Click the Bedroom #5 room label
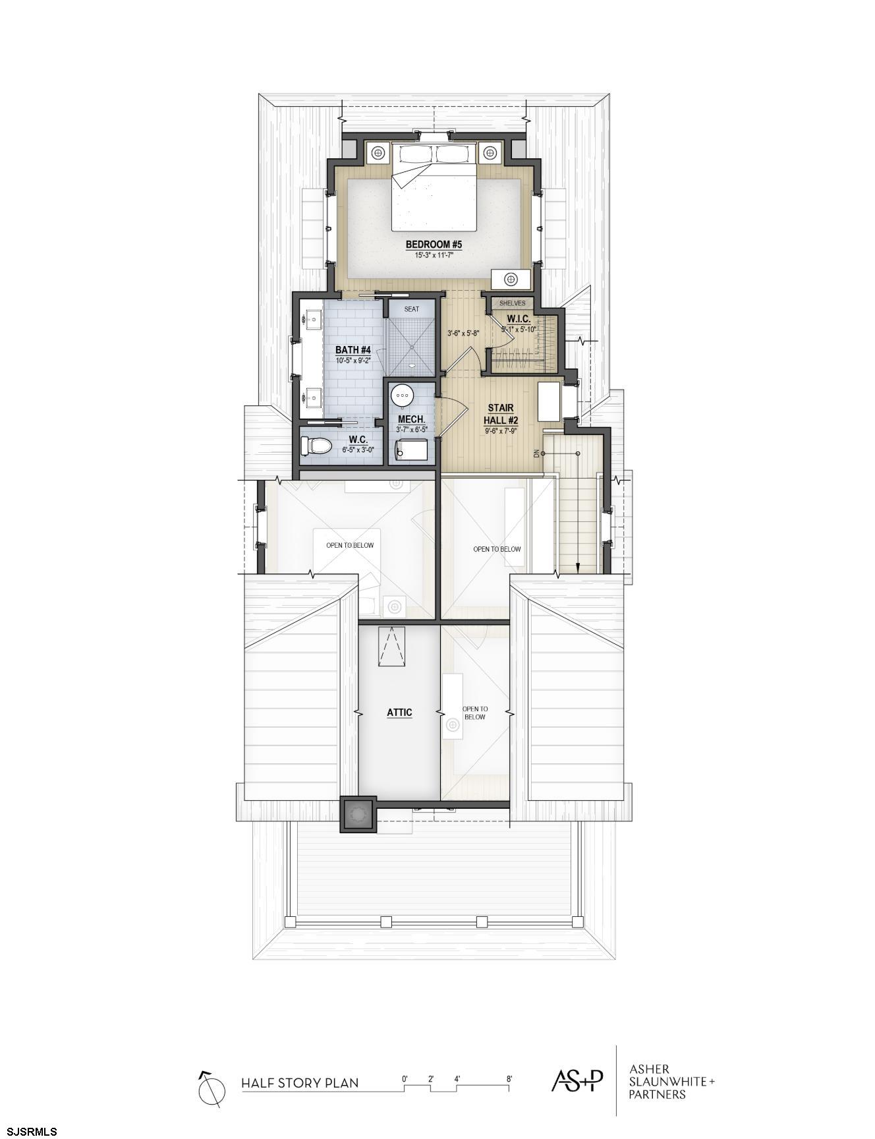[x=434, y=245]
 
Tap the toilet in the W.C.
[x=316, y=446]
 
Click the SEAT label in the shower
[x=411, y=308]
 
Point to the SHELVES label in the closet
[x=512, y=303]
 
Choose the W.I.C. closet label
[x=519, y=319]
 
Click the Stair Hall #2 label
[x=501, y=415]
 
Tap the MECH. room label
[x=412, y=419]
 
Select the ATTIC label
[x=399, y=712]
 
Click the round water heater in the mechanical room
[x=402, y=396]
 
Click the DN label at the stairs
[x=536, y=453]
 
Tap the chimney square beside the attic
[x=358, y=815]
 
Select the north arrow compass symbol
[x=212, y=1088]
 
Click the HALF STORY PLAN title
[x=300, y=1082]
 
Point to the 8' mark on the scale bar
[x=509, y=1079]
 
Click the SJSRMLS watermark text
[x=30, y=1132]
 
